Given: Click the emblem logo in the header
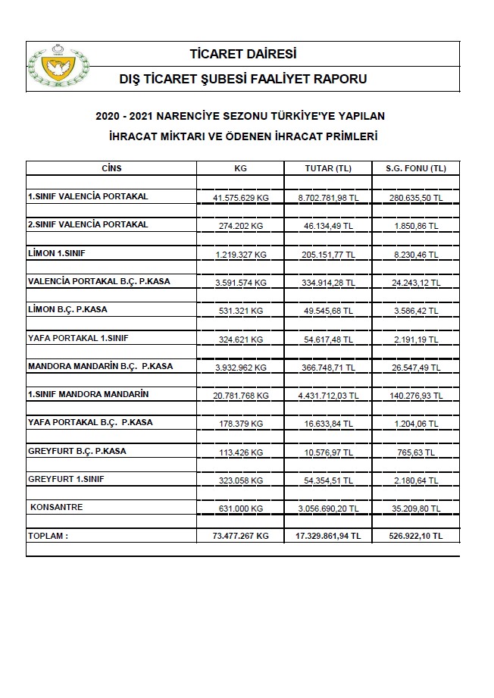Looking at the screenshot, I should click(x=58, y=67).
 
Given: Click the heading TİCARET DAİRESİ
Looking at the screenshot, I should click(x=243, y=54).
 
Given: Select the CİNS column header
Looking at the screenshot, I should click(x=111, y=168).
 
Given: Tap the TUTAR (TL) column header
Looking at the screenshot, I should click(x=327, y=168).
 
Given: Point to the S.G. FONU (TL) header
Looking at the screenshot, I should click(x=415, y=168).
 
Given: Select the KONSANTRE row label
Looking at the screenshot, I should click(x=56, y=506).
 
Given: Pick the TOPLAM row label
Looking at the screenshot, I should click(x=48, y=535).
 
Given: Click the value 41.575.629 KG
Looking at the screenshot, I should click(x=241, y=197).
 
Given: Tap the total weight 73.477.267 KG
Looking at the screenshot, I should click(x=241, y=536).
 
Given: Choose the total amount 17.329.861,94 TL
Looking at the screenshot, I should click(x=327, y=536).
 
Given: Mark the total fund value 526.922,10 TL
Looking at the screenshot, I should click(x=415, y=536).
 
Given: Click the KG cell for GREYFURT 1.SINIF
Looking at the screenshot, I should click(x=241, y=480).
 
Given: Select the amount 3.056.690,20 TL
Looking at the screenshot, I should click(x=327, y=508).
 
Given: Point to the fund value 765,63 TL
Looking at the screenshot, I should click(x=415, y=452).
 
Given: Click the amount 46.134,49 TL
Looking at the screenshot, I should click(x=327, y=225).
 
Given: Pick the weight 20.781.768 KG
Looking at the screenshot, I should click(x=241, y=395).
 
